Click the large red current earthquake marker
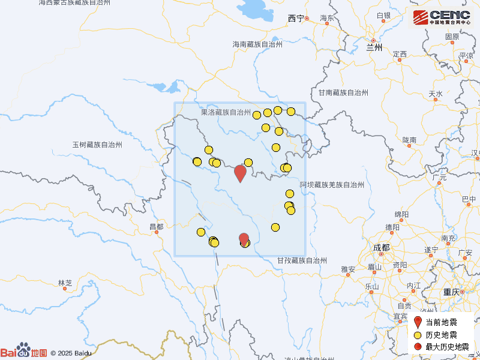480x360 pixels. [240, 172]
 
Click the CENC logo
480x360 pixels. [440, 17]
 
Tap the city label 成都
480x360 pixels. [380, 247]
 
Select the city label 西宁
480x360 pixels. [296, 19]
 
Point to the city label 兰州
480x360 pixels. [374, 47]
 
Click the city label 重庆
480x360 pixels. [451, 292]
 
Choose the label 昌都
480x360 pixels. [156, 226]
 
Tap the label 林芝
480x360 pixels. [65, 283]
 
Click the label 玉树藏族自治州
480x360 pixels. [97, 145]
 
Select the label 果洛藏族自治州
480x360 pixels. [226, 112]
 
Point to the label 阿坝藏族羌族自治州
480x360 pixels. [332, 185]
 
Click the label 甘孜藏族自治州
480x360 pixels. [302, 260]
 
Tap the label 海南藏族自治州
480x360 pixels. [257, 44]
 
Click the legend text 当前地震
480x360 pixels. [442, 322]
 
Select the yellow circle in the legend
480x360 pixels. [418, 335]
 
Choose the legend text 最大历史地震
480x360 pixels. [448, 347]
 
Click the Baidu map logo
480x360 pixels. [24, 352]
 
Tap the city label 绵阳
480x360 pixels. [401, 214]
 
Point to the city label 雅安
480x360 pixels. [348, 269]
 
